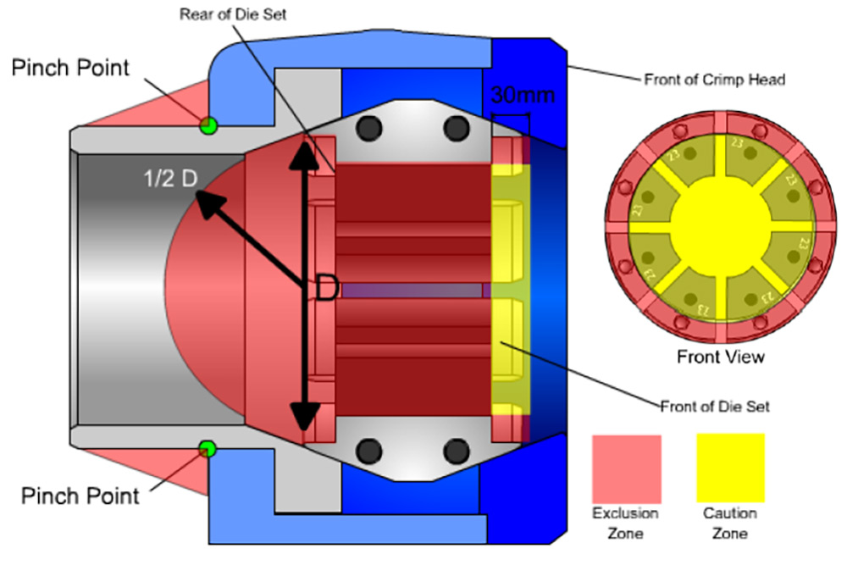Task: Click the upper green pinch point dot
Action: (207, 125)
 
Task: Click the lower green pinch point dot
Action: (206, 446)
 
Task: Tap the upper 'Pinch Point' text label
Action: (72, 68)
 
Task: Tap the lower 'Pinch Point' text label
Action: (80, 495)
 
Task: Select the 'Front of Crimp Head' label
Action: (715, 80)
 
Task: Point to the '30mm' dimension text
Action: (523, 96)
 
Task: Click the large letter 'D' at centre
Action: (328, 288)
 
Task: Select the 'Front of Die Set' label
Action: (714, 406)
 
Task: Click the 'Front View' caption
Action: (720, 357)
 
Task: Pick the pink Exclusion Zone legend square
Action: (626, 468)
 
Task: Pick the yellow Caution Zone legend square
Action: (730, 468)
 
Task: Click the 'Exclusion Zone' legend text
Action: (625, 523)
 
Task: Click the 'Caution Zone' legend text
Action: (730, 523)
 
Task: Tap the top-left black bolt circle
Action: (370, 128)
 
